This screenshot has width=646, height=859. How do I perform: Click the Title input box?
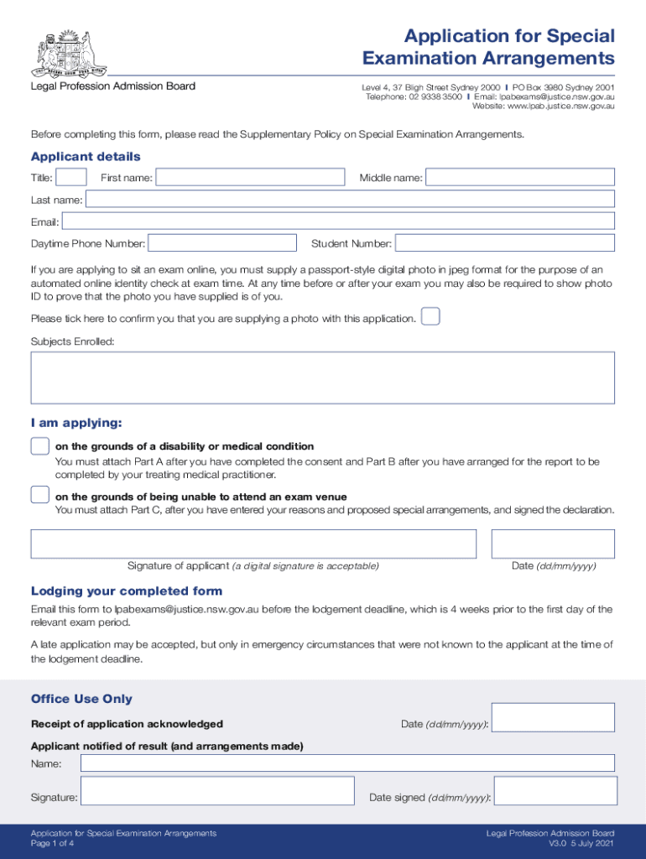71,177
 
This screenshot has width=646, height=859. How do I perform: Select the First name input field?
250,177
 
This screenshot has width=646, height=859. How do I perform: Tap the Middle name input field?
520,177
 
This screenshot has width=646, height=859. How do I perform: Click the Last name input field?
350,199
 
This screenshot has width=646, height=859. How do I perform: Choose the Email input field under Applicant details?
338,221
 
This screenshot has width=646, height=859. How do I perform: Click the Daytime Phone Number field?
222,243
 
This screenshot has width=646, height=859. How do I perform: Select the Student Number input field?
504,243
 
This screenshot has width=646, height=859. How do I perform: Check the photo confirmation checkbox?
430,317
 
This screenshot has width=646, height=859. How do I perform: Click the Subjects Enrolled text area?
323,377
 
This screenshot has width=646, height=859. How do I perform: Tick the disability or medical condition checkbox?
39,446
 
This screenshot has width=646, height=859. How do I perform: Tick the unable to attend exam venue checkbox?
39,495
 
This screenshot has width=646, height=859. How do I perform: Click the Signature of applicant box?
253,544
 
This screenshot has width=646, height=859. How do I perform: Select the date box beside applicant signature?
553,544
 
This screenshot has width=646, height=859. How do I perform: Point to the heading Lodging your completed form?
127,591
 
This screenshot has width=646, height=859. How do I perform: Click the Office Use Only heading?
81,699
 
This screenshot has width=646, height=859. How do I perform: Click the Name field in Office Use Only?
347,763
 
